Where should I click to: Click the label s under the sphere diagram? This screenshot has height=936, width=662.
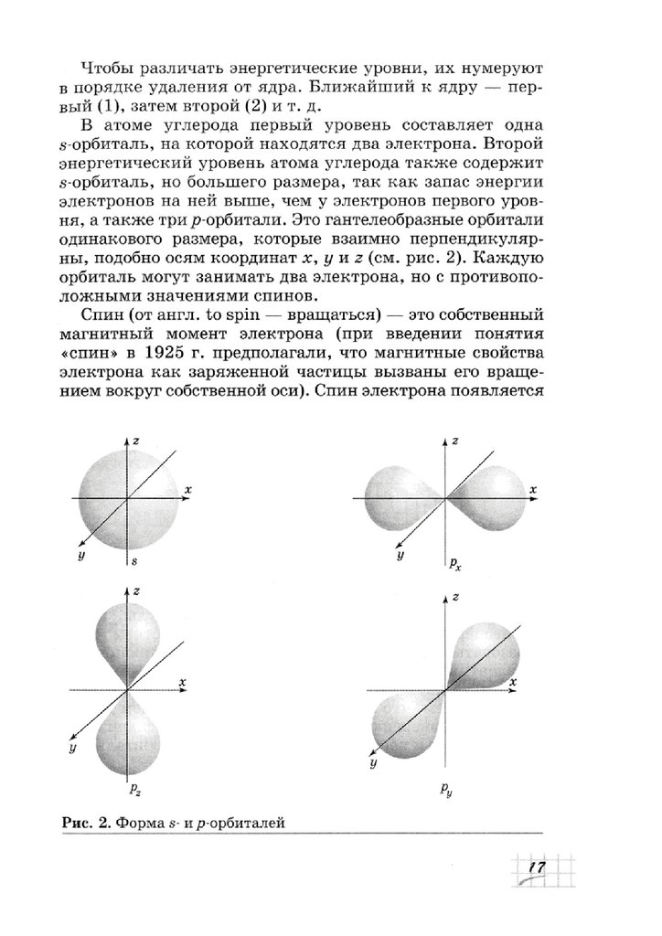134,558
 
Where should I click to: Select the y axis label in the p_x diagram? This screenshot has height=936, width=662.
400,555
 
